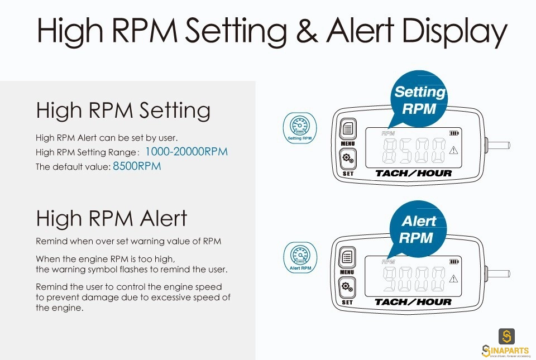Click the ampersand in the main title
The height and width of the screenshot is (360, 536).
(307, 30)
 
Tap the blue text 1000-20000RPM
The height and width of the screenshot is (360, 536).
(186, 152)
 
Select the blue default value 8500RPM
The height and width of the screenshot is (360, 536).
(137, 166)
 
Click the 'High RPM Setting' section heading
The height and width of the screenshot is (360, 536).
(123, 111)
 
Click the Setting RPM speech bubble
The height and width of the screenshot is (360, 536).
(419, 99)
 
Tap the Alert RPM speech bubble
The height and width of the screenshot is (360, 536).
(418, 228)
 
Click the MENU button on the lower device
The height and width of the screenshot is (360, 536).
(347, 257)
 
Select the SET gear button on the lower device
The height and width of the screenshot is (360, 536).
(347, 287)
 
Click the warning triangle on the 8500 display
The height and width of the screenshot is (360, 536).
(453, 150)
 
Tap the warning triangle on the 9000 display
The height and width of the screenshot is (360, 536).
(453, 279)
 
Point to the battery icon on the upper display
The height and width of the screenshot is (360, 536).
(454, 133)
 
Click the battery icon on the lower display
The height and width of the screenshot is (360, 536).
(454, 262)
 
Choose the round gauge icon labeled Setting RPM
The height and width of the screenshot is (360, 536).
(300, 128)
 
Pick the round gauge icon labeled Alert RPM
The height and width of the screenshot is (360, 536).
(300, 257)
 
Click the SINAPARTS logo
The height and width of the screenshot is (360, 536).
(506, 343)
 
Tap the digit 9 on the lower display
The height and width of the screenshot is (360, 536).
(391, 279)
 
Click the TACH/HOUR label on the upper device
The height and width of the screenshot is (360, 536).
(413, 174)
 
